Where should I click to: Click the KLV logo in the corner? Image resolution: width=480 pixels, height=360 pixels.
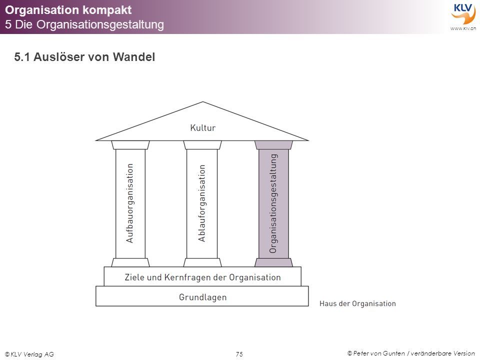(x=463, y=14)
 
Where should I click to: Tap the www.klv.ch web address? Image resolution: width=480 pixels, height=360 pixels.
(x=463, y=28)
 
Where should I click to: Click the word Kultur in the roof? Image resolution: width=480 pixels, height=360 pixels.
(x=202, y=127)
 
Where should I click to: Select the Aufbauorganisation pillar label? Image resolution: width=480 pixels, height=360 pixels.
(x=130, y=203)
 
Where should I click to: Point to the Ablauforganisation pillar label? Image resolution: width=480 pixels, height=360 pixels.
(x=201, y=203)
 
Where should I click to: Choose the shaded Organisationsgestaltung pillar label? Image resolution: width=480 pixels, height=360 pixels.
(x=273, y=203)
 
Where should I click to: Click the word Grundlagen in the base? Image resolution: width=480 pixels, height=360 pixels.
(x=202, y=297)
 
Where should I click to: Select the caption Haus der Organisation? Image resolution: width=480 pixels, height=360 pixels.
(x=357, y=303)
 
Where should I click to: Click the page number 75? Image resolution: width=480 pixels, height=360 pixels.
(x=239, y=354)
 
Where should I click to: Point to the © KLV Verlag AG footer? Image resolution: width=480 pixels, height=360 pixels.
(x=29, y=354)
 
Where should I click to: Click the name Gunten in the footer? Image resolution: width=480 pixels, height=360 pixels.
(x=393, y=353)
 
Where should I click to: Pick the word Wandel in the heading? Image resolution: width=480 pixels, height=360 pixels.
(x=134, y=57)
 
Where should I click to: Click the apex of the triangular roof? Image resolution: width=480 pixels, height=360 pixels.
(x=202, y=102)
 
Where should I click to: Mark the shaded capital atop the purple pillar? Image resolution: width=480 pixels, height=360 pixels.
(x=273, y=145)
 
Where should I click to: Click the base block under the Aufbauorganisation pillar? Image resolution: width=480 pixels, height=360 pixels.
(x=130, y=262)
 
